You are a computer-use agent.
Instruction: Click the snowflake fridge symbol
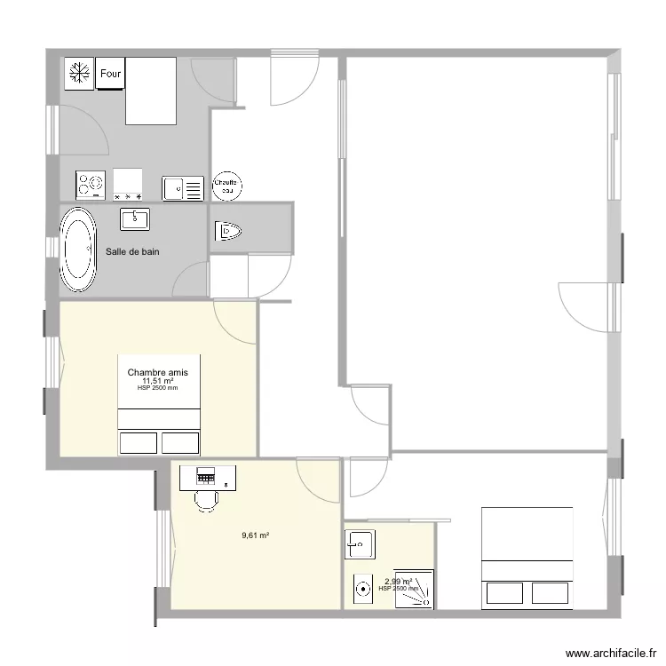tap(78, 74)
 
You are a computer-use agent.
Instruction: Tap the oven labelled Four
tap(110, 74)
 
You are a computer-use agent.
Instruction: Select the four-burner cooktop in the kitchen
tap(91, 184)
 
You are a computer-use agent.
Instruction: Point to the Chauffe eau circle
tap(227, 185)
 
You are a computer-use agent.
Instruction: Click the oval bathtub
tap(78, 251)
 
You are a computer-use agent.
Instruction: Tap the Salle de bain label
tap(132, 252)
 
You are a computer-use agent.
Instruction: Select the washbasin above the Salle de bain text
tap(135, 218)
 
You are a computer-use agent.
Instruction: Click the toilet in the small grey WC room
tap(227, 232)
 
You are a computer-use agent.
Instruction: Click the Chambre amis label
tap(157, 373)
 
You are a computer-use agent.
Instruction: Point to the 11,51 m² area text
tap(157, 381)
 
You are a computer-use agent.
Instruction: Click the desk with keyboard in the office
tap(209, 478)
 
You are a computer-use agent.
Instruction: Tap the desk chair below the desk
tap(206, 501)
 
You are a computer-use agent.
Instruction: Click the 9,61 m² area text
tap(256, 535)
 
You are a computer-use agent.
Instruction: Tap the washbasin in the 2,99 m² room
tap(361, 543)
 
